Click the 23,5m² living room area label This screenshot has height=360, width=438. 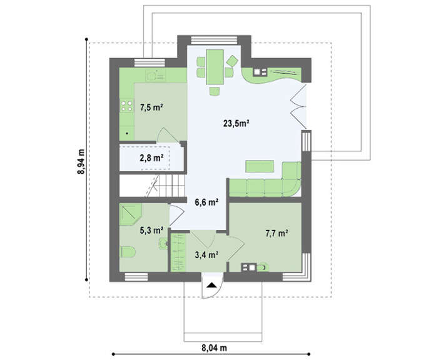pos(236,123)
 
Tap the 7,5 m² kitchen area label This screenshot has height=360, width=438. pos(151,107)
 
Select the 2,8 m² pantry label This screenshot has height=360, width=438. pos(151,158)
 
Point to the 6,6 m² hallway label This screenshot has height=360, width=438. pos(206,202)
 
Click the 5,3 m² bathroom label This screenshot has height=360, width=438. pos(151,230)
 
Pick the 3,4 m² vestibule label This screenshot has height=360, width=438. pos(206,254)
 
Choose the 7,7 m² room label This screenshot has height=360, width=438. pos(277,233)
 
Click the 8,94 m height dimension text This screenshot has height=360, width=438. pos(81,162)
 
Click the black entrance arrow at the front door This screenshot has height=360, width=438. pos(211,285)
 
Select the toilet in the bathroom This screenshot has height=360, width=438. pos(128,252)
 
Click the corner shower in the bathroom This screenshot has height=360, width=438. pos(130,214)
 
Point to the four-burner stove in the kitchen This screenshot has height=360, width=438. pos(126,106)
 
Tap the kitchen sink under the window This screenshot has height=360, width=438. pos(155,75)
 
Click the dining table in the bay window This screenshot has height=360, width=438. pos(215,67)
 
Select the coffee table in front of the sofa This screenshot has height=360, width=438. pos(260,166)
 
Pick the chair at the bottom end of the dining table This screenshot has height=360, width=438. pos(215,91)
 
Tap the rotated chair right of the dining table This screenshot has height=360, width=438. pos(232,61)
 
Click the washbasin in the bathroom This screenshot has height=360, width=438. pos(163,243)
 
